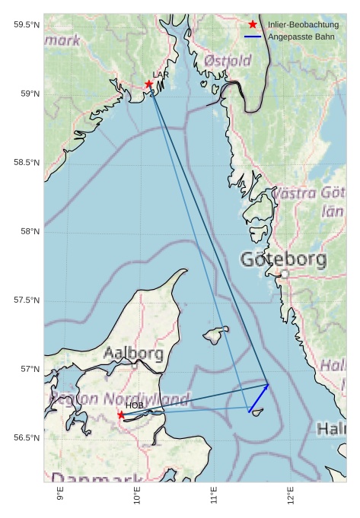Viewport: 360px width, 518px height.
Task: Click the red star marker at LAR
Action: [149, 84]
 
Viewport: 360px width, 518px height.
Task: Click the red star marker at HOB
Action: [121, 415]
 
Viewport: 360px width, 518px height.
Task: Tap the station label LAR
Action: [161, 75]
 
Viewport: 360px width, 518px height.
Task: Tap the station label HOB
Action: [134, 405]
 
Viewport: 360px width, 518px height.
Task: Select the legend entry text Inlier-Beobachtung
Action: [303, 25]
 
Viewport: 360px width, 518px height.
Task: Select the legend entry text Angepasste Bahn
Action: [301, 37]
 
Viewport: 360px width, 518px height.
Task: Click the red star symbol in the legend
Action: [253, 25]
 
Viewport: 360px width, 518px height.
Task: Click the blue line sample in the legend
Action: [253, 37]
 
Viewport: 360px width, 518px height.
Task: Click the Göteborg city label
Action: [283, 259]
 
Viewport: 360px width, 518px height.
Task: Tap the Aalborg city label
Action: [133, 354]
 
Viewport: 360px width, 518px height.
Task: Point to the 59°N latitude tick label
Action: [27, 94]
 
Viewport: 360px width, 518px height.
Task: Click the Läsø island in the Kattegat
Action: [216, 335]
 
